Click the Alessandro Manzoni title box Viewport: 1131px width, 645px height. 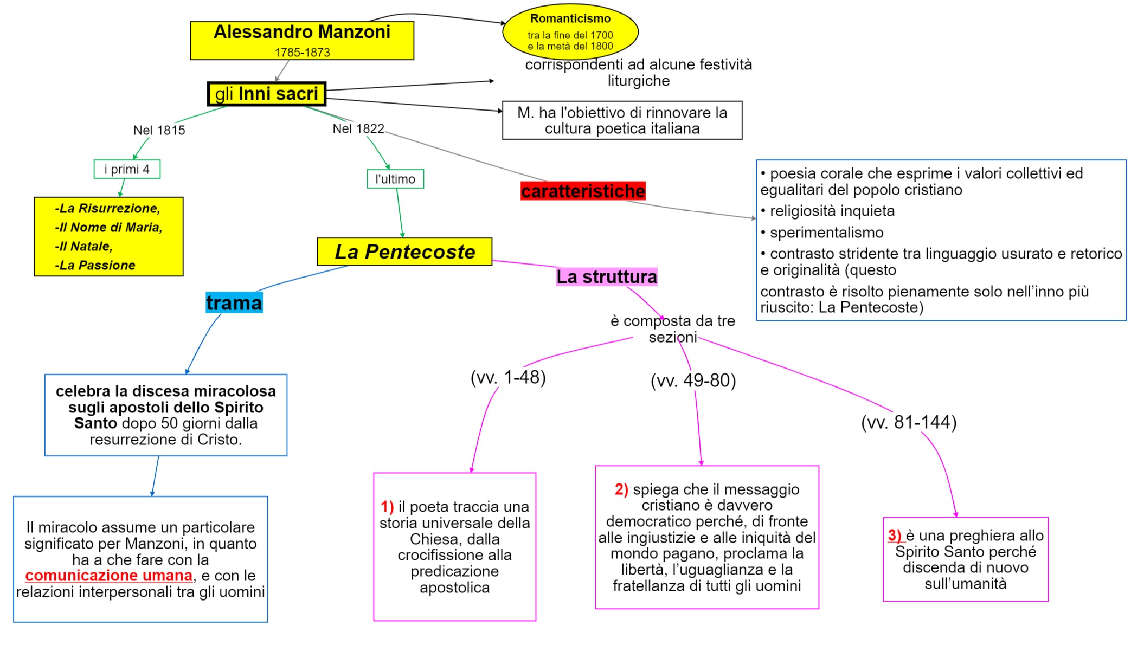click(301, 40)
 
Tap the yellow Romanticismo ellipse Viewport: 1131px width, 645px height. click(570, 32)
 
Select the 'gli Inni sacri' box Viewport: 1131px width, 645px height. click(267, 94)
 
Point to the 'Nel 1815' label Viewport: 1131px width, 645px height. click(159, 130)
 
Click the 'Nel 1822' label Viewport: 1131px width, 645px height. click(358, 128)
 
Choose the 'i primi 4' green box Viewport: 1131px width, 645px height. click(127, 169)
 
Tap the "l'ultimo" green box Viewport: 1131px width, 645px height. click(395, 179)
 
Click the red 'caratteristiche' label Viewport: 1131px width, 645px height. click(583, 191)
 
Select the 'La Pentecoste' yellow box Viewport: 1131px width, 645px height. click(404, 251)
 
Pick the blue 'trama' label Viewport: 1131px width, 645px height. click(234, 302)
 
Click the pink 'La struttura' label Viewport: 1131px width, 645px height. click(606, 276)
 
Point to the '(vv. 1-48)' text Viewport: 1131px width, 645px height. click(508, 377)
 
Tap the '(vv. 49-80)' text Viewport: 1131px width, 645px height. click(693, 380)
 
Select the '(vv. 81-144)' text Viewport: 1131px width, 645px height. click(909, 422)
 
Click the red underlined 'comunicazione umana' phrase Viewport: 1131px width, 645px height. click(108, 575)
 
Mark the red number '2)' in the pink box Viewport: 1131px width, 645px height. click(621, 489)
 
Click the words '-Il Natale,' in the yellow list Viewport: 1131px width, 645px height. click(83, 246)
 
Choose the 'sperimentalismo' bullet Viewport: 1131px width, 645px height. click(826, 233)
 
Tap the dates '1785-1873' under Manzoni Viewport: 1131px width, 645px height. click(302, 53)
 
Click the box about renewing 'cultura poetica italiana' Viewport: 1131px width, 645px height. click(622, 120)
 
